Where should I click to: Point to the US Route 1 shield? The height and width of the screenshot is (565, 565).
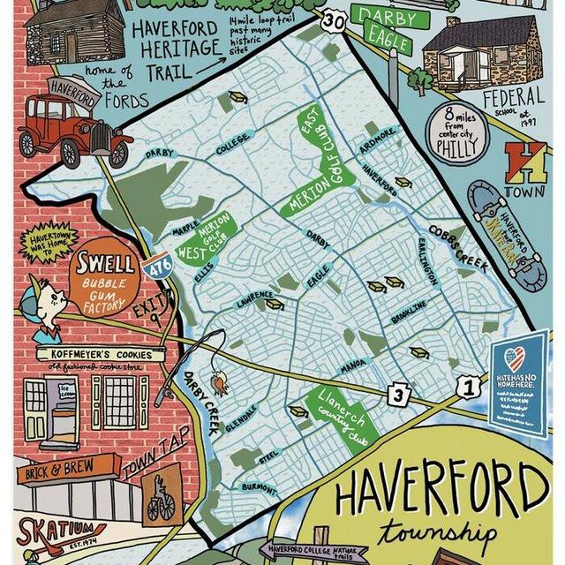470,386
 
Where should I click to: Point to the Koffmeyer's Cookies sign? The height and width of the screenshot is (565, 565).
94,355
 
